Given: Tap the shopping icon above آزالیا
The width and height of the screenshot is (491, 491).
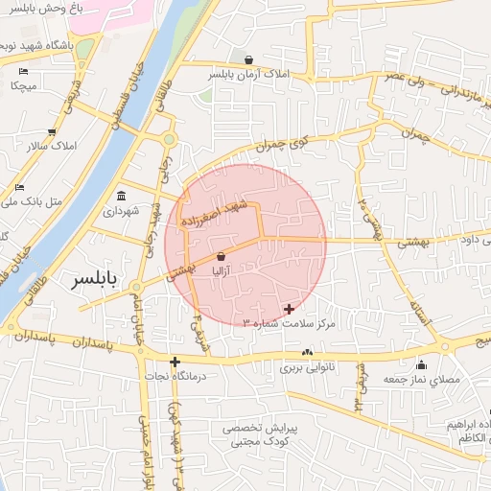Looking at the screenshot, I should (222, 257).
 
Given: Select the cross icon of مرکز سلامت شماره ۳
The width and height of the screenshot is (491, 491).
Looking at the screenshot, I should (290, 309).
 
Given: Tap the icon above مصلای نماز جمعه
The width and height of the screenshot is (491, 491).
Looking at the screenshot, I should (421, 364).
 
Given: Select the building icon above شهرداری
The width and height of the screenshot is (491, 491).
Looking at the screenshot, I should (122, 195).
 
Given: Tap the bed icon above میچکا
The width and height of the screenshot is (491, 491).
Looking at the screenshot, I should (23, 72).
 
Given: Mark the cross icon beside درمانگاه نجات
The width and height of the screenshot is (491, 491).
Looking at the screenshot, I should (175, 362).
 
